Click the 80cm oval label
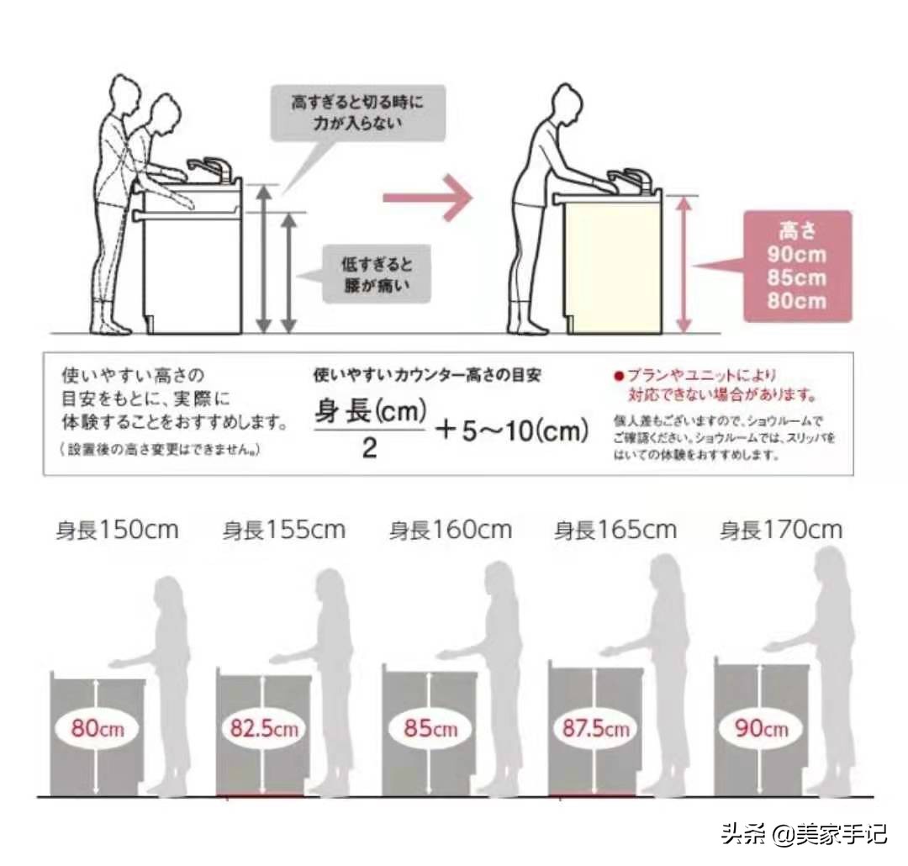(x=97, y=728)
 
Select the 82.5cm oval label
(x=264, y=728)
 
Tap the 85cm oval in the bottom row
(x=430, y=728)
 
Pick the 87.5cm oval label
(x=595, y=728)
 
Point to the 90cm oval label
(x=762, y=728)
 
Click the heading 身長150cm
(x=117, y=531)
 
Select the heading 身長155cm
(x=283, y=531)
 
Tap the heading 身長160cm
(x=450, y=531)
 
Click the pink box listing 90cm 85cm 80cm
(x=797, y=267)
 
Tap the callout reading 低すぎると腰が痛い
(x=377, y=274)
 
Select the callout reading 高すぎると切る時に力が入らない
(x=357, y=113)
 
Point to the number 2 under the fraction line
(x=369, y=449)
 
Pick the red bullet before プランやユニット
(x=619, y=375)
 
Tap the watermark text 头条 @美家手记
(x=803, y=835)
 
